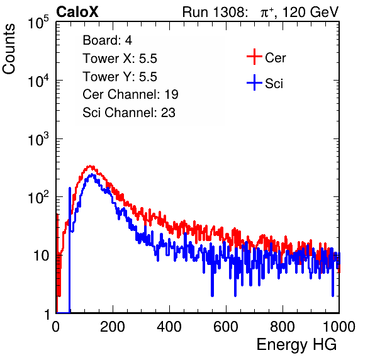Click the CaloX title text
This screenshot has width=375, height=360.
[x=77, y=12]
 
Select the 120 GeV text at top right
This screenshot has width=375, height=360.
[x=310, y=12]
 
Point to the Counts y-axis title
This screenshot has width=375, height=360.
[x=9, y=49]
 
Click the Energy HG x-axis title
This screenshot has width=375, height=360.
[x=296, y=345]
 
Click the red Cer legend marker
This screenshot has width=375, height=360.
[x=254, y=57]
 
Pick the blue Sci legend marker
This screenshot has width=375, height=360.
[x=254, y=82]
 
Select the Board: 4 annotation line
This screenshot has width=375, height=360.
[x=107, y=40]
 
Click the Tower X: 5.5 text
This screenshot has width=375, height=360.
[x=120, y=59]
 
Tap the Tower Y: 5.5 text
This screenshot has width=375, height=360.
[x=120, y=77]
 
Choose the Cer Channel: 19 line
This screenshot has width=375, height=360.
[x=130, y=94]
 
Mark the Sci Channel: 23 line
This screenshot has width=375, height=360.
[x=129, y=113]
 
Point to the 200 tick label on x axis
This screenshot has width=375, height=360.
[x=113, y=327]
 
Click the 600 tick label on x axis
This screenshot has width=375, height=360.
[x=226, y=327]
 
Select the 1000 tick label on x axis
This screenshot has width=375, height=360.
[x=339, y=327]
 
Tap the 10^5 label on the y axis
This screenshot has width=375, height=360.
[x=38, y=23]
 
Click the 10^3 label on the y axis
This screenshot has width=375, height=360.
[x=38, y=140]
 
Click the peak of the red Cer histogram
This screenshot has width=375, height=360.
[x=90, y=166]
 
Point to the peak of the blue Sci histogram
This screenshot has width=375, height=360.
[x=92, y=176]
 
